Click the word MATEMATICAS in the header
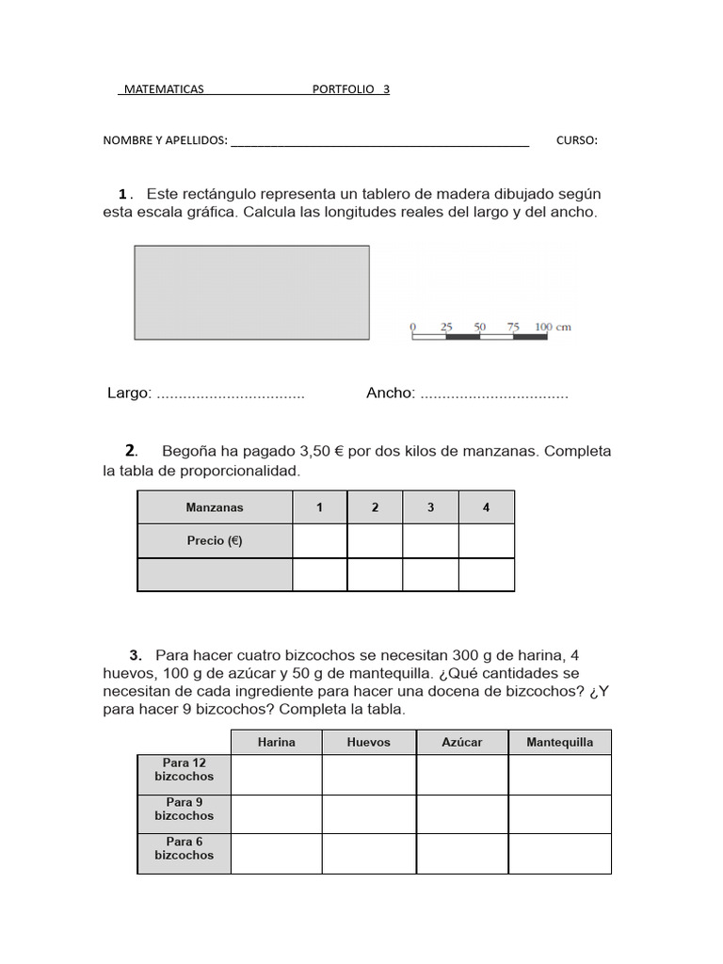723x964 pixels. tap(162, 89)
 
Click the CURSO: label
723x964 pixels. tap(576, 140)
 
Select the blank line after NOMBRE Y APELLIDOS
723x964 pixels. tap(379, 142)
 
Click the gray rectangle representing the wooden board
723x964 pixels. tap(251, 292)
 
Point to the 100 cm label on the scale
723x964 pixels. tap(553, 327)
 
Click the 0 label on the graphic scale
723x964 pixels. tap(413, 327)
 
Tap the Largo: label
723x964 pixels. tap(130, 393)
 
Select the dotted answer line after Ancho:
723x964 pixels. tap(494, 394)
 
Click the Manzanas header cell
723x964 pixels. tap(215, 507)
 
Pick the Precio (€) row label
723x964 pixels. tap(215, 541)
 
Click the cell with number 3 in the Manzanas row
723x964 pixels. tap(430, 507)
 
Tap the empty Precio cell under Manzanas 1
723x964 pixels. tap(319, 541)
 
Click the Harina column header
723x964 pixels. tap(276, 742)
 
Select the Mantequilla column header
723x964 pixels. tap(559, 742)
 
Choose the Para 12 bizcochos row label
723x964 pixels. tap(185, 770)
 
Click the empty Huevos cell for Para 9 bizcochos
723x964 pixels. tap(368, 813)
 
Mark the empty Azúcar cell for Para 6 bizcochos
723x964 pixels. tap(461, 853)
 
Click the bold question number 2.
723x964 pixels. tap(131, 450)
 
